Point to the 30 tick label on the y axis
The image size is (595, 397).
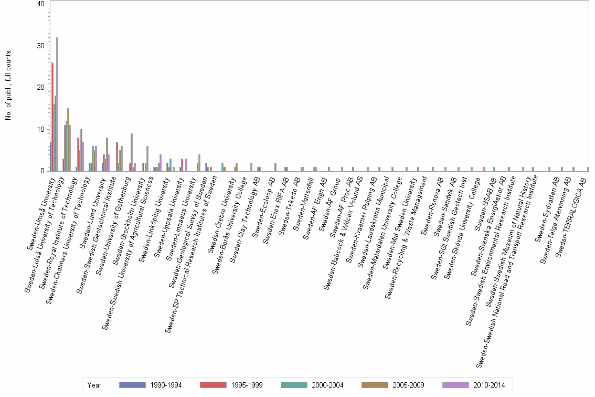(x=41, y=46)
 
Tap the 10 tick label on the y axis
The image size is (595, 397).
(x=41, y=129)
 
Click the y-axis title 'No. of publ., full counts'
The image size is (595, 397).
(x=8, y=86)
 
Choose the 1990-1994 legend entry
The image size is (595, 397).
(x=150, y=385)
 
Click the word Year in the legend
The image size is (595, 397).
(x=95, y=385)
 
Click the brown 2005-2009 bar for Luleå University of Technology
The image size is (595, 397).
(x=68, y=140)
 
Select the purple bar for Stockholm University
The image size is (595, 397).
(x=147, y=159)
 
